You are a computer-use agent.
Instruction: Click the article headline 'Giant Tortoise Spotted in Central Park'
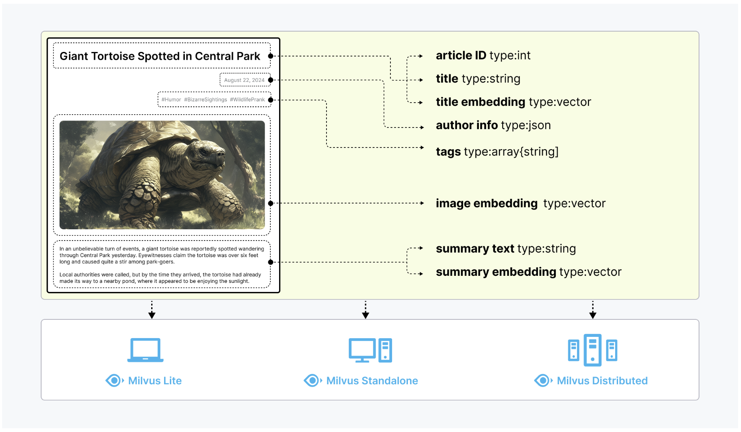point(160,56)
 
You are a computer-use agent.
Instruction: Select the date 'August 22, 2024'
point(244,80)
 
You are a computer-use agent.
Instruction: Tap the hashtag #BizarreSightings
point(206,100)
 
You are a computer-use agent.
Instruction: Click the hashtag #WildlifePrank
point(248,100)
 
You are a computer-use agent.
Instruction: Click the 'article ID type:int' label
point(483,56)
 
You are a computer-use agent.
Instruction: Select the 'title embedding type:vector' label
point(513,102)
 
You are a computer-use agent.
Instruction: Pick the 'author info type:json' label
point(493,125)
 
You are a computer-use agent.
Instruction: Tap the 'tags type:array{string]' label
point(497,152)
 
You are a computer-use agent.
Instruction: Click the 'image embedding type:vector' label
point(520,204)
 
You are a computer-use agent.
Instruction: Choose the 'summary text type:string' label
point(505,249)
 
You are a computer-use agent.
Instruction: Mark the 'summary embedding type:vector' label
point(528,272)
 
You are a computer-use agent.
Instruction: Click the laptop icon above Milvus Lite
point(145,350)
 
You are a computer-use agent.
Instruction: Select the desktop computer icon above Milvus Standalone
point(370,350)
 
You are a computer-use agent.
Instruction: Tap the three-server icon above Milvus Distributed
point(592,350)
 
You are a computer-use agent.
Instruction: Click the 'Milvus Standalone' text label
point(372,381)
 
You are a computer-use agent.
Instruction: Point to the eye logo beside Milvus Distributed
point(542,380)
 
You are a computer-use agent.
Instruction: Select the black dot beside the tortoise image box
point(271,204)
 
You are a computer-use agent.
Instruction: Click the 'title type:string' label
point(478,79)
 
